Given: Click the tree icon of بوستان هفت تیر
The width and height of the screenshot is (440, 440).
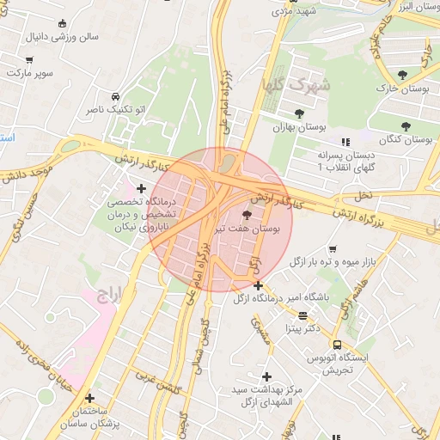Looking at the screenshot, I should [x=247, y=214].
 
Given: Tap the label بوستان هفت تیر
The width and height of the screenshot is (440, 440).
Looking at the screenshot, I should [x=258, y=229].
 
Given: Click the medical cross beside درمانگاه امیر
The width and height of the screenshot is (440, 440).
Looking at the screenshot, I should [x=258, y=285].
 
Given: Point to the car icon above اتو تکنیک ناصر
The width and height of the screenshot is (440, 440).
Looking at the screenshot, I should [x=115, y=96].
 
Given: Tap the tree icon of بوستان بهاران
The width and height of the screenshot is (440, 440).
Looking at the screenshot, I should [x=299, y=113].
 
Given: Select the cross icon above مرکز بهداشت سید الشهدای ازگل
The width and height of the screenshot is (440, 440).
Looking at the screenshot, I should [x=267, y=376].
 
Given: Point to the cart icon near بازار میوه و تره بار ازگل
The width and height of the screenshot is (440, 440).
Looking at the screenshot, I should [x=332, y=247].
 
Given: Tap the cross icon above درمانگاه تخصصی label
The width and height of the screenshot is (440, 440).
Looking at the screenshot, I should [x=142, y=186].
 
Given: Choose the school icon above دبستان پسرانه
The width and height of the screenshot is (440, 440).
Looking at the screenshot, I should [x=345, y=142].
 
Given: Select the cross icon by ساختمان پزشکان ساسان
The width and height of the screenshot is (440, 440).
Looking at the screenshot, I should [x=89, y=398].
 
